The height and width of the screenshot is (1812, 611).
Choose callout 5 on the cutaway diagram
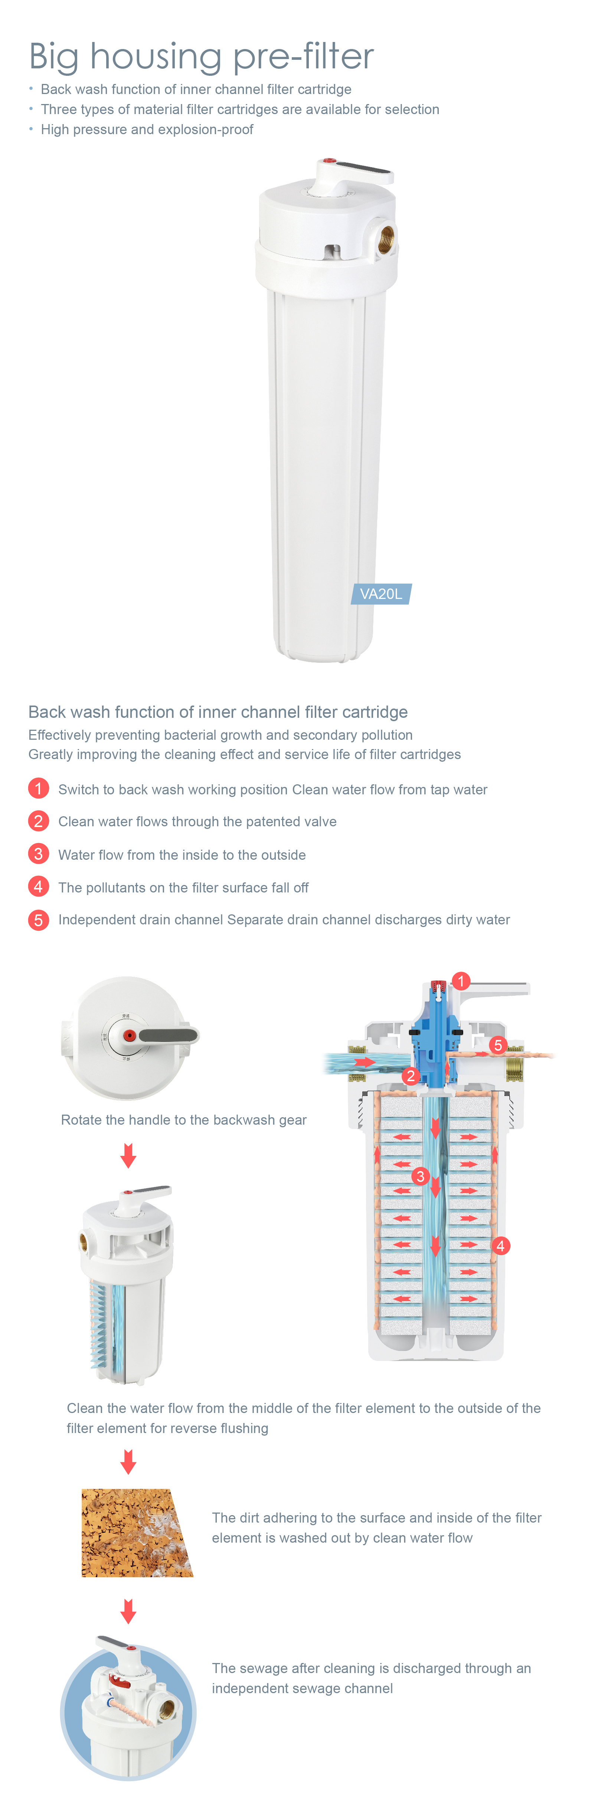[498, 1044]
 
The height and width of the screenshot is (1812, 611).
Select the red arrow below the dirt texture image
[128, 1611]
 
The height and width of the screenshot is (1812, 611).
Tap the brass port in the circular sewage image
[167, 1710]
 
